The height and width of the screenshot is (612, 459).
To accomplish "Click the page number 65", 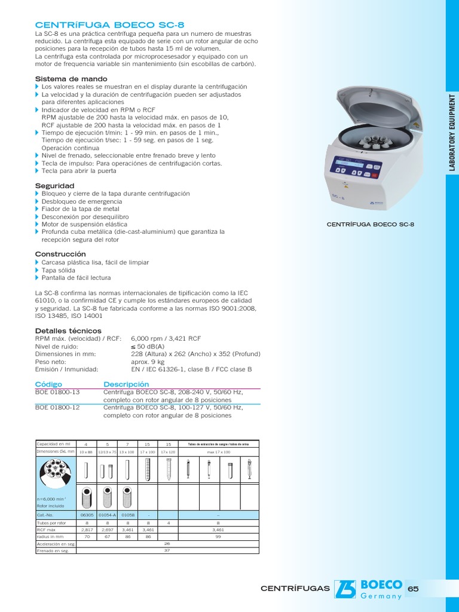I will coord(412,589).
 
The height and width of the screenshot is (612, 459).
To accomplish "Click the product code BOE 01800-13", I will coord(57,392).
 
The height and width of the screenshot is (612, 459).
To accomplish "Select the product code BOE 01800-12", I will coord(57,408).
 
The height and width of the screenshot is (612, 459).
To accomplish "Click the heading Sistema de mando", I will coord(71,79).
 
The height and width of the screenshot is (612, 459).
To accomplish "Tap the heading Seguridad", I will coord(54,186).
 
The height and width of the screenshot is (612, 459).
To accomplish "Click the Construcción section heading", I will coord(60,254).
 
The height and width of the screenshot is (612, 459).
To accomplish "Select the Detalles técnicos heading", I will coord(68,331).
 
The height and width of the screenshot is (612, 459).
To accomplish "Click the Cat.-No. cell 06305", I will coord(87,515).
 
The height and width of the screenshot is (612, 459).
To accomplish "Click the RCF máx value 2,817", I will coord(87,530).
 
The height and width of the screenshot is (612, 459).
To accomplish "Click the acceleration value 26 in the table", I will coord(167,543).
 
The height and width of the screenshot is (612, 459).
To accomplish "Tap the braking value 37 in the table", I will coord(167,550).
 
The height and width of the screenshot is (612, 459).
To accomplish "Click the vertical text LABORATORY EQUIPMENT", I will coord(452,131).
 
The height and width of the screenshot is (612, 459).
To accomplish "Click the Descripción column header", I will coord(126,384).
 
